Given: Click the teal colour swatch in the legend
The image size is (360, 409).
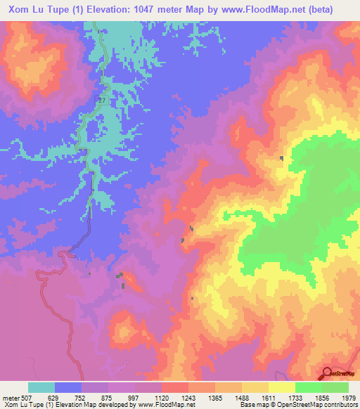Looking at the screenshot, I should click(41, 387).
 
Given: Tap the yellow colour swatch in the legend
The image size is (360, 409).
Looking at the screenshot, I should click(281, 387).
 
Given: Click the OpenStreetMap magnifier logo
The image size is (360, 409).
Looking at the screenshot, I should click(328, 373).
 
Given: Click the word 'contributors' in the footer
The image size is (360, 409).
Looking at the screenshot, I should click(342, 405).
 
